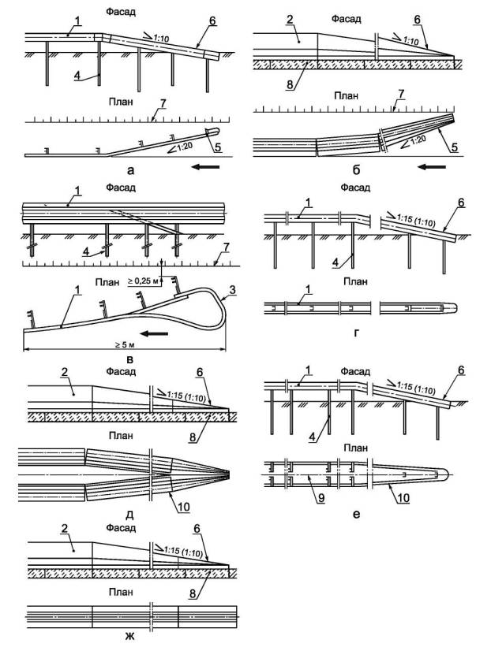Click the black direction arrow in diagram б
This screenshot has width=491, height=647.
pos(433,167)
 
